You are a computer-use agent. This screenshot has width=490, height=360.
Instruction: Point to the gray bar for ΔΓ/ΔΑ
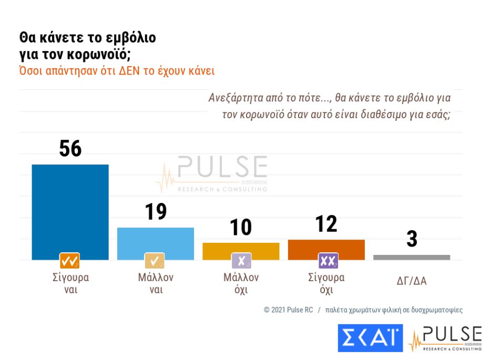[412, 257]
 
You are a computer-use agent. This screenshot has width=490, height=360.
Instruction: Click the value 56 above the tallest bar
[70, 149]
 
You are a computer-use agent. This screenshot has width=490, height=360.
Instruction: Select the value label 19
[156, 212]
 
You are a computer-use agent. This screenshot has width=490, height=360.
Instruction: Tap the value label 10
[241, 228]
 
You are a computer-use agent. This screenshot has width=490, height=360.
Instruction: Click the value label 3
[412, 239]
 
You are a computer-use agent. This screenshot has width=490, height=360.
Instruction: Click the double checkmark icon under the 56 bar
[70, 261]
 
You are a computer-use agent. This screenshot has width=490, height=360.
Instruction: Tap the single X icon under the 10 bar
[241, 261]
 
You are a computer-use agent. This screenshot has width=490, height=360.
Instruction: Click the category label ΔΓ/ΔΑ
[412, 281]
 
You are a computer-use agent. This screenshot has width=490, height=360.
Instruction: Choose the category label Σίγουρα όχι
[326, 283]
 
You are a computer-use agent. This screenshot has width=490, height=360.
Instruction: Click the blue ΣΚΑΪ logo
[370, 338]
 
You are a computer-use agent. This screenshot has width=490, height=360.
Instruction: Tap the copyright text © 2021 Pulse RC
[288, 310]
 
